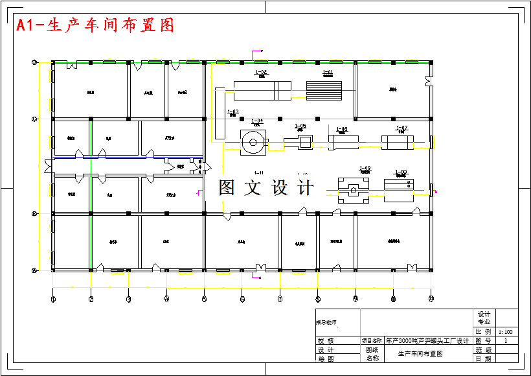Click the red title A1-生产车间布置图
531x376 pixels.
click(x=95, y=25)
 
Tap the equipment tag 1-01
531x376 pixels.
click(x=327, y=72)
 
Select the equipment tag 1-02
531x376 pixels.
click(x=262, y=72)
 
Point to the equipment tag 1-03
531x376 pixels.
click(x=233, y=112)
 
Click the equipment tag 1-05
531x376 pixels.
click(x=300, y=126)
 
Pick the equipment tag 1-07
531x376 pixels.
click(x=401, y=128)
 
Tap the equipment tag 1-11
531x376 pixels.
click(x=259, y=172)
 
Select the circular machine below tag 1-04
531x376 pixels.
click(x=253, y=141)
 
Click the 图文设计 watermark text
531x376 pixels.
click(x=266, y=188)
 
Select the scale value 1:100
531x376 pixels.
click(x=505, y=331)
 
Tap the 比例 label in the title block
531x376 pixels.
click(x=484, y=331)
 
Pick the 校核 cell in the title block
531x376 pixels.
click(x=326, y=340)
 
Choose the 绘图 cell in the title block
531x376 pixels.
click(x=326, y=358)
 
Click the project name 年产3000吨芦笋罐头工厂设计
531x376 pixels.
click(x=427, y=340)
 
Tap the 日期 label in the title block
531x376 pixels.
click(x=484, y=358)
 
